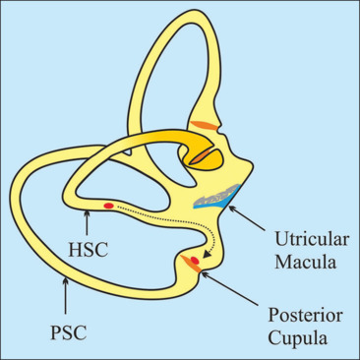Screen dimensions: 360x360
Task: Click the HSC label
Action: (x=89, y=250)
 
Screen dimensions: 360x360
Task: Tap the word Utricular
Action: (x=312, y=240)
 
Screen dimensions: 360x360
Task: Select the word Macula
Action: (x=305, y=262)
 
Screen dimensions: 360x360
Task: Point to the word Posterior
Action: (x=306, y=315)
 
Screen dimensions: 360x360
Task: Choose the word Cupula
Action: (x=298, y=337)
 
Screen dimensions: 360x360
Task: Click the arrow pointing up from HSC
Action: (x=87, y=222)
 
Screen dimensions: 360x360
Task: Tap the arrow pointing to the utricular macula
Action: (x=247, y=218)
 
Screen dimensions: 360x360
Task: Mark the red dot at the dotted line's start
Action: (x=108, y=206)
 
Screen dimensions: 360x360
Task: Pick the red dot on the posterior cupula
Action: (x=195, y=261)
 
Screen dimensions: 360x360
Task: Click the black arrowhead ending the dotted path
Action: (x=207, y=254)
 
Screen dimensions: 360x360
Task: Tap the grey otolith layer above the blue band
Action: (x=217, y=196)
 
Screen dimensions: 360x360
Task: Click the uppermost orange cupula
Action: (x=204, y=125)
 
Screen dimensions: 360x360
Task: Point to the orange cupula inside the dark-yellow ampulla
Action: (x=201, y=156)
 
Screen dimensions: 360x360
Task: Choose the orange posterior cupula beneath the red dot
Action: (x=192, y=264)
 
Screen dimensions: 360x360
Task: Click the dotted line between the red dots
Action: (x=170, y=219)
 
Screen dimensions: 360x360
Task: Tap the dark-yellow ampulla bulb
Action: (x=204, y=157)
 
